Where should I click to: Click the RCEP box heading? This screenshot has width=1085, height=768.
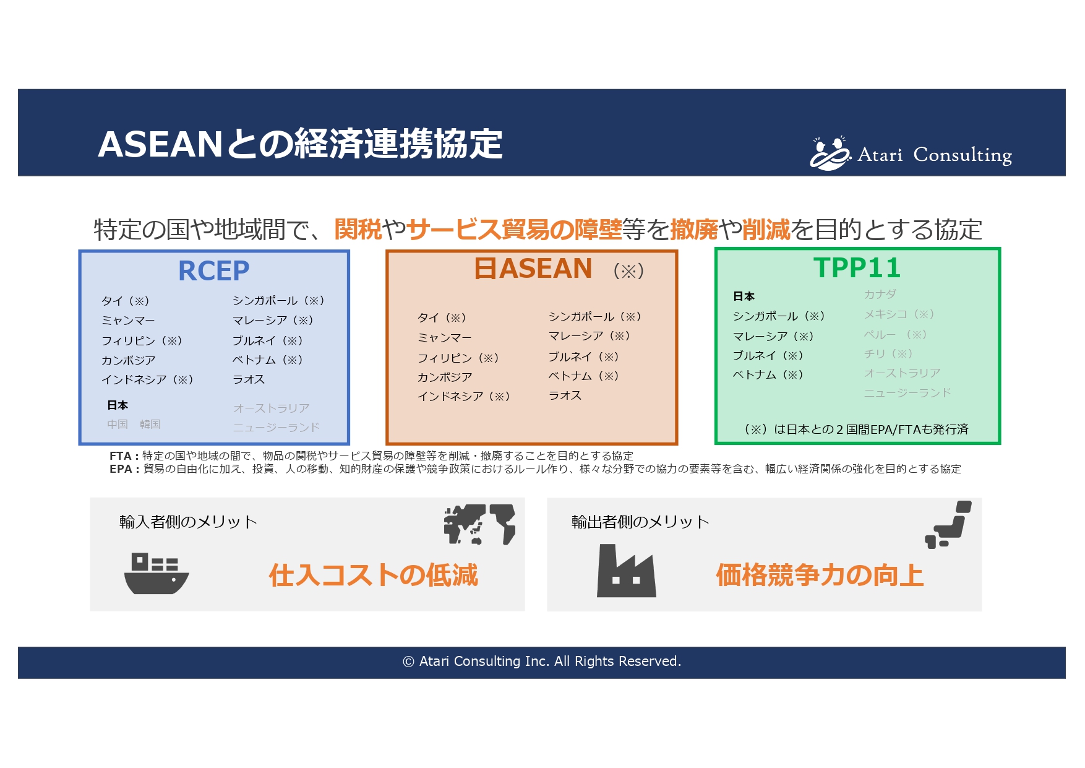click(x=213, y=270)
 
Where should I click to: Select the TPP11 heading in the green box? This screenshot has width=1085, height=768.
click(x=857, y=268)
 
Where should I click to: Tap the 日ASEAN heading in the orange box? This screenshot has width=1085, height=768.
click(x=533, y=269)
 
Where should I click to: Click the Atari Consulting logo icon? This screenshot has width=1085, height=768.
click(x=829, y=153)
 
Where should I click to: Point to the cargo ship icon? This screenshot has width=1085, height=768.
click(x=156, y=574)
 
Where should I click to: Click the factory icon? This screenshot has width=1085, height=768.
click(x=626, y=571)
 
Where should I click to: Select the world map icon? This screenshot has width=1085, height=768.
click(x=479, y=524)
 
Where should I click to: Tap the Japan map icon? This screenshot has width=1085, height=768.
click(x=948, y=525)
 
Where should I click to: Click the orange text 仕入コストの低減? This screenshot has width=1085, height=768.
click(x=373, y=575)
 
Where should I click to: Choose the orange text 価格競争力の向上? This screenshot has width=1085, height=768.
click(x=820, y=575)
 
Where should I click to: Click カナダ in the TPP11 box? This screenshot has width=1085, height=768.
click(x=880, y=294)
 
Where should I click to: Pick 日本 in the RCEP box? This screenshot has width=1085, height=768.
click(x=118, y=405)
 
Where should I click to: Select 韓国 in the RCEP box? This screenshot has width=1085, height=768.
click(x=150, y=424)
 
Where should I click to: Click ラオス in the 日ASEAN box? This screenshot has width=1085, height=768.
click(x=565, y=395)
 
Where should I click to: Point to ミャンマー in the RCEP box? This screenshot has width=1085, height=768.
click(x=128, y=320)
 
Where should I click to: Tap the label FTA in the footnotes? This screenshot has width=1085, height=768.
click(x=120, y=455)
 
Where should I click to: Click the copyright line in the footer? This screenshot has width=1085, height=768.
click(x=542, y=661)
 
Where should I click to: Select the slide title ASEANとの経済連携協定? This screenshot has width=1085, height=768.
click(x=300, y=144)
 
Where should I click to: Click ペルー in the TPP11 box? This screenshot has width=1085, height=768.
click(x=879, y=334)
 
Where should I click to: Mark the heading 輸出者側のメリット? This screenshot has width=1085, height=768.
click(x=640, y=522)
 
